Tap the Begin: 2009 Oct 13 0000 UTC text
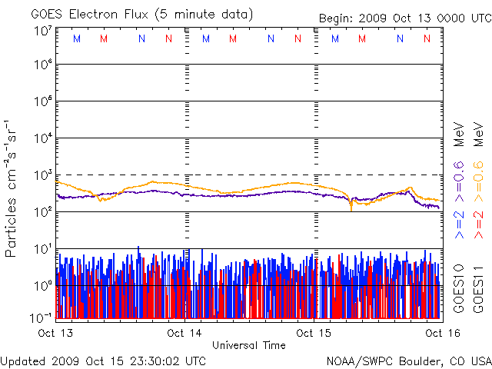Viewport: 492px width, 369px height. tap(405, 18)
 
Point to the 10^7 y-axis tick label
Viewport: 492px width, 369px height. tap(43, 31)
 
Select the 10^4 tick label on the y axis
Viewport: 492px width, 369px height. tap(43, 138)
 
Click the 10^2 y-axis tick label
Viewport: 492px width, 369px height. tap(43, 211)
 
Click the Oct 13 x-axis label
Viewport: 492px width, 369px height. tap(55, 333)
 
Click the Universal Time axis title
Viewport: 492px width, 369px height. tap(249, 345)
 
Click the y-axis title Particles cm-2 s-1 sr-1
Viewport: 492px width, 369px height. tap(12, 188)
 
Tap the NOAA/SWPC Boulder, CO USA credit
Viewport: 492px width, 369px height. tap(408, 360)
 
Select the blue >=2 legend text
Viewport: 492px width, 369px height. tap(459, 223)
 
